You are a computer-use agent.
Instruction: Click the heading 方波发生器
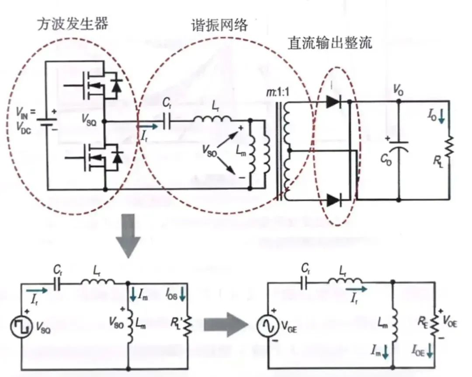click(72, 23)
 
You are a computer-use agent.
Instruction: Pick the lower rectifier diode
click(333, 200)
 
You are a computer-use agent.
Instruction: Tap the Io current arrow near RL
click(442, 117)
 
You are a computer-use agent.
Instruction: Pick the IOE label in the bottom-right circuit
click(419, 350)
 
